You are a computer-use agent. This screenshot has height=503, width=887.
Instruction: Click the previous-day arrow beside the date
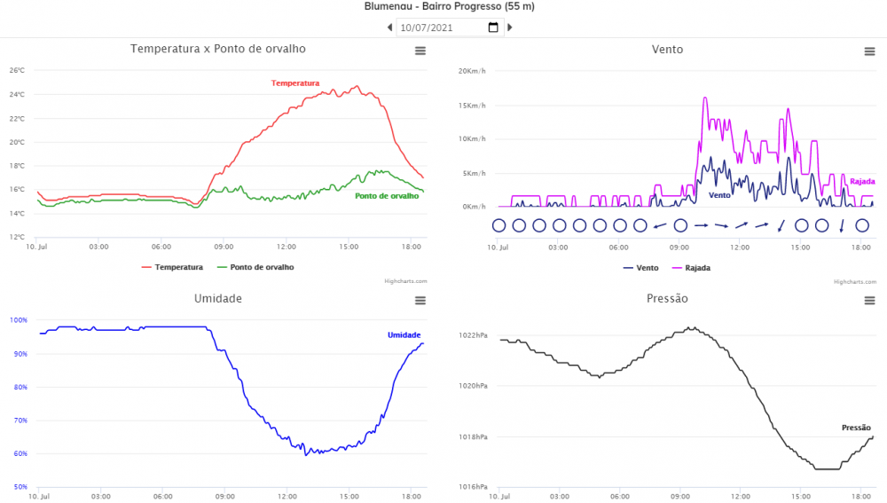point(389,28)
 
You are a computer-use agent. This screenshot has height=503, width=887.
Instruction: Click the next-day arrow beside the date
point(510,28)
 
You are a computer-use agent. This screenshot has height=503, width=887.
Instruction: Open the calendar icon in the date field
point(494,28)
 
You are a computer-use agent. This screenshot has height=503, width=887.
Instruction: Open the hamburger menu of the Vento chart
point(869,51)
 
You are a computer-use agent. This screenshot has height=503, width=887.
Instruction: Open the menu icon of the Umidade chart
point(420,301)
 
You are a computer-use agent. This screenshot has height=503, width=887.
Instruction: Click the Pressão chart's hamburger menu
point(869,301)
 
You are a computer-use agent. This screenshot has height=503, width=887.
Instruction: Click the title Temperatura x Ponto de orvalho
point(218,49)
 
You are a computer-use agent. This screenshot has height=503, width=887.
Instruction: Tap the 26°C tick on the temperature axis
point(17,70)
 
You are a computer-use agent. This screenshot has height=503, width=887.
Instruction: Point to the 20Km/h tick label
point(472,70)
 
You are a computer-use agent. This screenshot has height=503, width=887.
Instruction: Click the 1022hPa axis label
point(473,335)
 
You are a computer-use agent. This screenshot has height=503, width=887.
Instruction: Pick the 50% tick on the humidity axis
point(19,487)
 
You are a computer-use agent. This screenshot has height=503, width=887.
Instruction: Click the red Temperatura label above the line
point(295,83)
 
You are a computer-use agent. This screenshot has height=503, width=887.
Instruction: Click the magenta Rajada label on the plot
point(862,182)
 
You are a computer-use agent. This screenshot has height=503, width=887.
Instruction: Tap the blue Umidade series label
point(404,334)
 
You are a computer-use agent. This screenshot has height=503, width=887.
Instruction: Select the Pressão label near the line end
point(856,428)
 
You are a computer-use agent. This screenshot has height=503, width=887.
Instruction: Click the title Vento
point(667,49)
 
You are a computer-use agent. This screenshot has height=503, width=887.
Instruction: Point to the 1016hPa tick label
point(473,487)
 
